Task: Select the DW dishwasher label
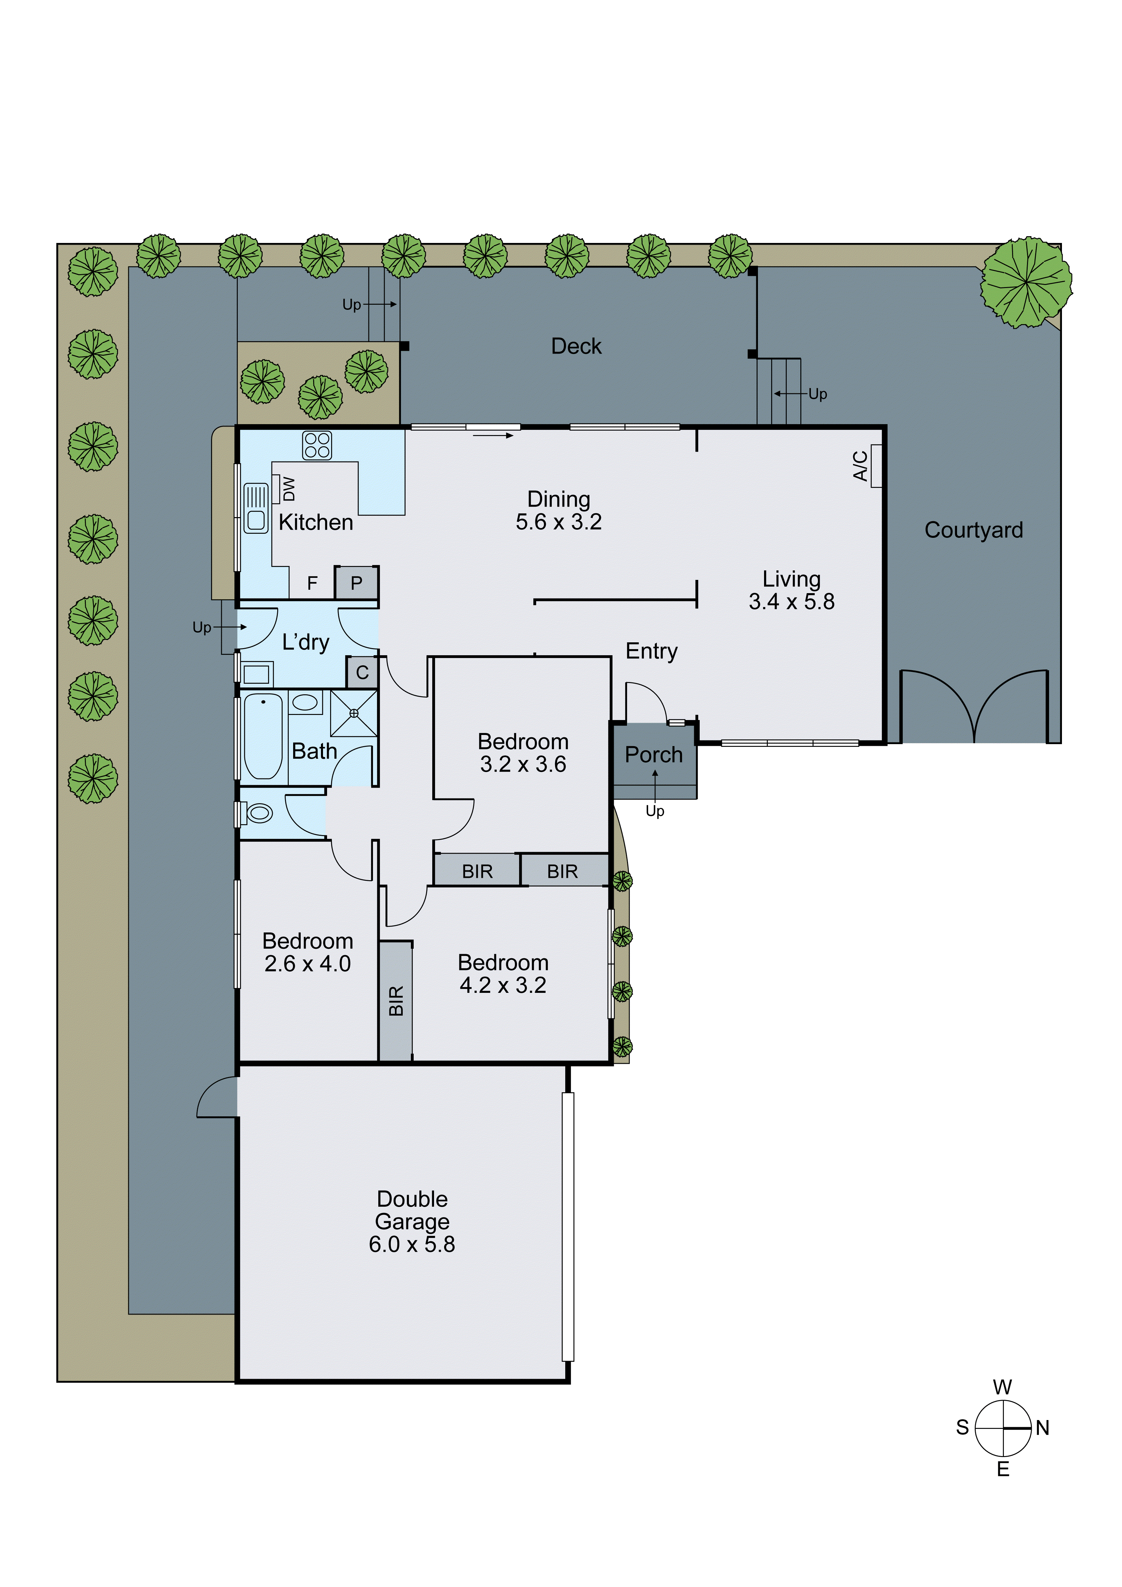coord(289,489)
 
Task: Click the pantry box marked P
coord(357,583)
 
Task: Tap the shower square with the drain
coord(354,713)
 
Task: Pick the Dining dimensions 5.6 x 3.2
coord(558,522)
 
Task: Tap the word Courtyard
coord(973,530)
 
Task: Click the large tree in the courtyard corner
coord(1026,282)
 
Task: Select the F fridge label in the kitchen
coord(312,583)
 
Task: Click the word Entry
coord(651,651)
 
